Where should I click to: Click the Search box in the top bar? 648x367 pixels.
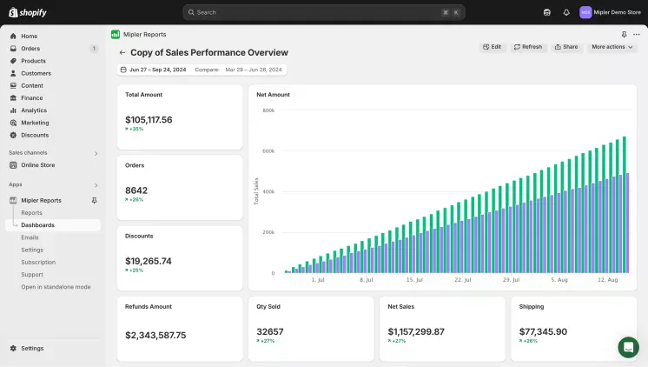pos(323,12)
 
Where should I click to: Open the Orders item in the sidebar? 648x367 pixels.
pos(30,49)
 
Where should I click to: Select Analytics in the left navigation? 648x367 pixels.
pos(34,110)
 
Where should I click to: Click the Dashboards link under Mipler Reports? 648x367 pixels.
pos(37,225)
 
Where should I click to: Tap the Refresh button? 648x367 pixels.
pos(527,47)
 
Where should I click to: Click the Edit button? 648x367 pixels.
pos(492,47)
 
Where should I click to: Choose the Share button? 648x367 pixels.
pos(565,47)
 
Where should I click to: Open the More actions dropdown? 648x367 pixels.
pos(612,47)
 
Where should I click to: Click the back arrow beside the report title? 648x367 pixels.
pos(122,53)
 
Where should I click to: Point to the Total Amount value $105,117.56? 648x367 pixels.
pos(149,119)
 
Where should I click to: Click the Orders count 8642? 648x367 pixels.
pos(136,190)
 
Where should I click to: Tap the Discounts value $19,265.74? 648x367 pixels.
pos(149,261)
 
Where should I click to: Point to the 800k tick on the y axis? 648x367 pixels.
pos(268,110)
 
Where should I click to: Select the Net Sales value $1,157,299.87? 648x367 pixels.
pos(415,331)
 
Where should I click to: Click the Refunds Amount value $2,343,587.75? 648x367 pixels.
pos(155,335)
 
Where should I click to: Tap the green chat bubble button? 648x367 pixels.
pos(628,347)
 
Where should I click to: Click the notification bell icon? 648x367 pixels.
pos(566,12)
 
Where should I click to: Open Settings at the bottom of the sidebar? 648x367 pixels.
pos(32,348)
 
